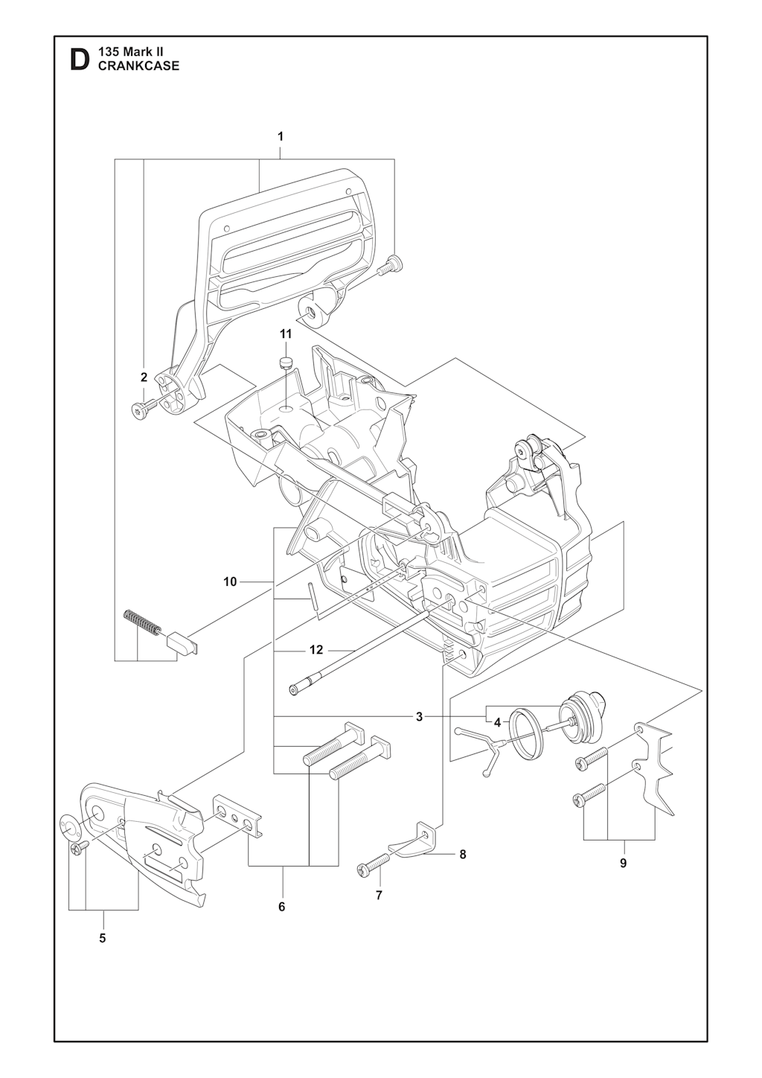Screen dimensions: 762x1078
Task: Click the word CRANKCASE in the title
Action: click(x=138, y=66)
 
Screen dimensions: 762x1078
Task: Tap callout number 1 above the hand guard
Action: click(x=280, y=136)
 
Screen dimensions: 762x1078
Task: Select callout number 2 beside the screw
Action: click(x=144, y=377)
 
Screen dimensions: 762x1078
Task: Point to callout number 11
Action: click(x=286, y=334)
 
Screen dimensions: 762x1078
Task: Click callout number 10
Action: click(x=230, y=582)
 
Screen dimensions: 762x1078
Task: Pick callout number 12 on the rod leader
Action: click(x=316, y=650)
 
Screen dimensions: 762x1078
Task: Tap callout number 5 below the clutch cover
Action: click(x=103, y=937)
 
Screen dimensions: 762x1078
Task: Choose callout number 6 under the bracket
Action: click(x=282, y=893)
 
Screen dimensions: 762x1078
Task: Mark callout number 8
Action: click(x=463, y=854)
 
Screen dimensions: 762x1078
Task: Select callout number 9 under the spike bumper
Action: click(x=623, y=863)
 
